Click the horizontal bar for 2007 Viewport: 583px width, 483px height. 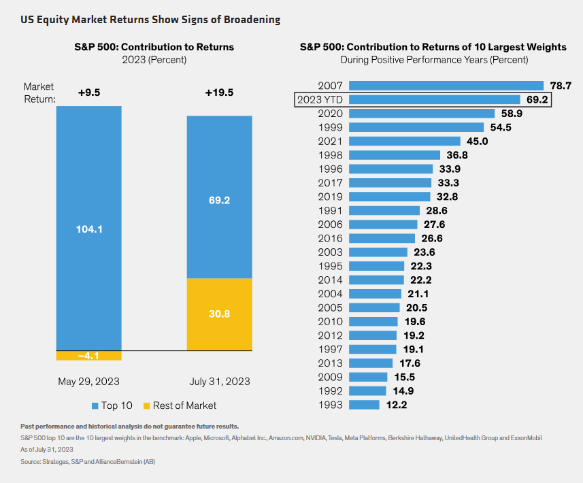pos(446,86)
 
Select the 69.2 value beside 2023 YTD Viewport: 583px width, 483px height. pos(537,100)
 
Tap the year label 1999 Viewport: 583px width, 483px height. pos(331,127)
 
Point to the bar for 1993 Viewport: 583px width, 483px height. pos(364,405)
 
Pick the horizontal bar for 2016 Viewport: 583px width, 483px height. pos(382,238)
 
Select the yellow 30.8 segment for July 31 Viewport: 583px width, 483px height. pos(220,314)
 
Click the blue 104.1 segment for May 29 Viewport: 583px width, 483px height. pos(88,229)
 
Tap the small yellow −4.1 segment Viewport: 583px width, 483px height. pos(88,356)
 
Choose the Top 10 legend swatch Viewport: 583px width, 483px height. pos(95,405)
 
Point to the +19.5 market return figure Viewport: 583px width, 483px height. pos(219,93)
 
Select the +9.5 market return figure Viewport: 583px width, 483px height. pos(88,93)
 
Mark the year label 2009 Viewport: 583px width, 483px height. pos(331,377)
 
